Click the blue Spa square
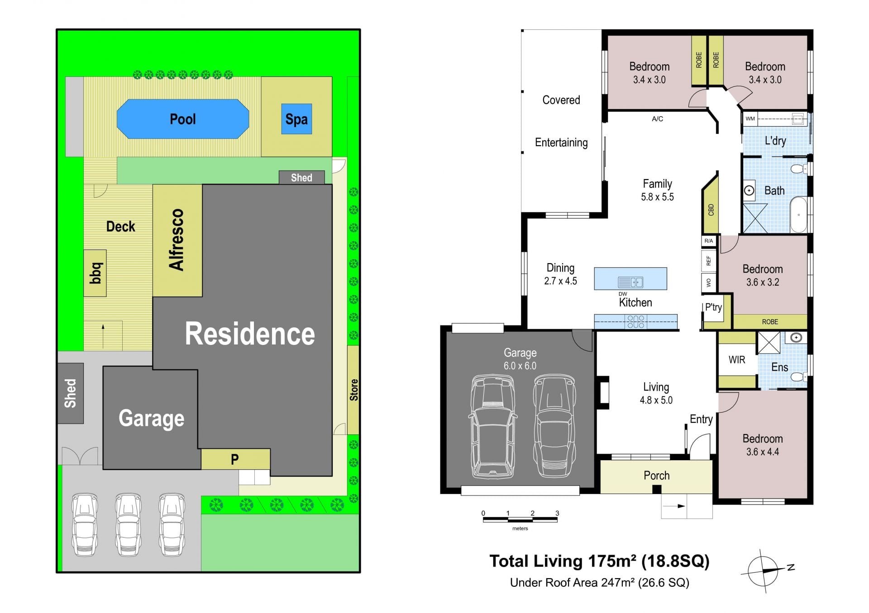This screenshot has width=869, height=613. pos(296,119)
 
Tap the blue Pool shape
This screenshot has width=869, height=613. pos(183,119)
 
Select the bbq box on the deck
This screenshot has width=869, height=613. pos(95,273)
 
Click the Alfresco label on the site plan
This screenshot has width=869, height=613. pos(177,240)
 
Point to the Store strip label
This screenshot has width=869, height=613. pos(353,390)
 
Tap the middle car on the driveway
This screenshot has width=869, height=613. pos(129,524)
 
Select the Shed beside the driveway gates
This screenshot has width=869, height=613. pos(71,393)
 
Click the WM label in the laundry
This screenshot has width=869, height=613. pos(750,119)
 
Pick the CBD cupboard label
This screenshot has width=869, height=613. pos(711,210)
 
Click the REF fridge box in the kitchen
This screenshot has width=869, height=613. pos(709,261)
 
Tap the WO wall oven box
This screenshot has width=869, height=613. pos(709,283)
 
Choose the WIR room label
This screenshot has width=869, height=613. pos(737,360)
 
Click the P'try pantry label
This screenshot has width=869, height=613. pos(713,307)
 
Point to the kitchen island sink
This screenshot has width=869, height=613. pos(630,283)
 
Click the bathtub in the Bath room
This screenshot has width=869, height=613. pos(798,215)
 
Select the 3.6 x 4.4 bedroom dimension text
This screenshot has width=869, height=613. pos(763,452)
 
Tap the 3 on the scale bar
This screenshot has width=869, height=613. pos(557,513)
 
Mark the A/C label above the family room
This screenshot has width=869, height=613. pos(657,119)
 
